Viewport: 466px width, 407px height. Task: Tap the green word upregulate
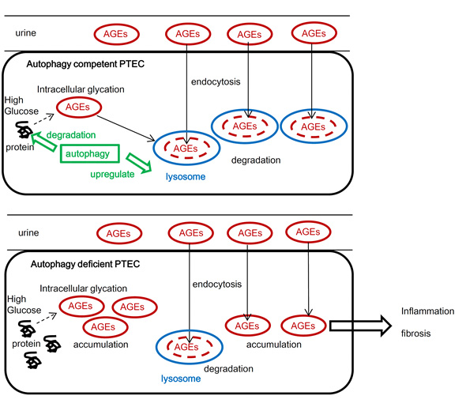click(x=112, y=174)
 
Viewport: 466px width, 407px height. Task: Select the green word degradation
click(x=71, y=135)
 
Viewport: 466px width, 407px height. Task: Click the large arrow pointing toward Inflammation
click(x=360, y=326)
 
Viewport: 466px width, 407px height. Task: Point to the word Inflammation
click(x=427, y=311)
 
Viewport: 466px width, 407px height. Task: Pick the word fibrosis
click(x=415, y=334)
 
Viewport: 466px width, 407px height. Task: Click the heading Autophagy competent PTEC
click(x=85, y=64)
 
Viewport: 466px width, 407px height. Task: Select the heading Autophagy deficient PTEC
click(x=85, y=264)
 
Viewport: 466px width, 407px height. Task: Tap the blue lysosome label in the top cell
click(x=186, y=176)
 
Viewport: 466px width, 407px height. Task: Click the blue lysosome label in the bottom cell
click(x=181, y=379)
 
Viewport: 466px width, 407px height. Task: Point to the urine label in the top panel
click(x=25, y=32)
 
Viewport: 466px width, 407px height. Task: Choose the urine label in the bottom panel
click(x=28, y=232)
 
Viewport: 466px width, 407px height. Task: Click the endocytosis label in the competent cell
click(x=216, y=81)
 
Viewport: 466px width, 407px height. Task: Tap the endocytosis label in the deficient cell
click(x=217, y=285)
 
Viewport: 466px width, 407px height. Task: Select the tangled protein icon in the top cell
click(x=24, y=130)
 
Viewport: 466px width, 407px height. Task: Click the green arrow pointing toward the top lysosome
click(x=139, y=163)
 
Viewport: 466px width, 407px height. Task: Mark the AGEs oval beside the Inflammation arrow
click(x=303, y=326)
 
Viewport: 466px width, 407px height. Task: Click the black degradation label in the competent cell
click(x=256, y=160)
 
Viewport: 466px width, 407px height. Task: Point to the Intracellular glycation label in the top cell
click(x=81, y=89)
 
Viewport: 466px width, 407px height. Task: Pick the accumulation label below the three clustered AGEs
click(x=101, y=345)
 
